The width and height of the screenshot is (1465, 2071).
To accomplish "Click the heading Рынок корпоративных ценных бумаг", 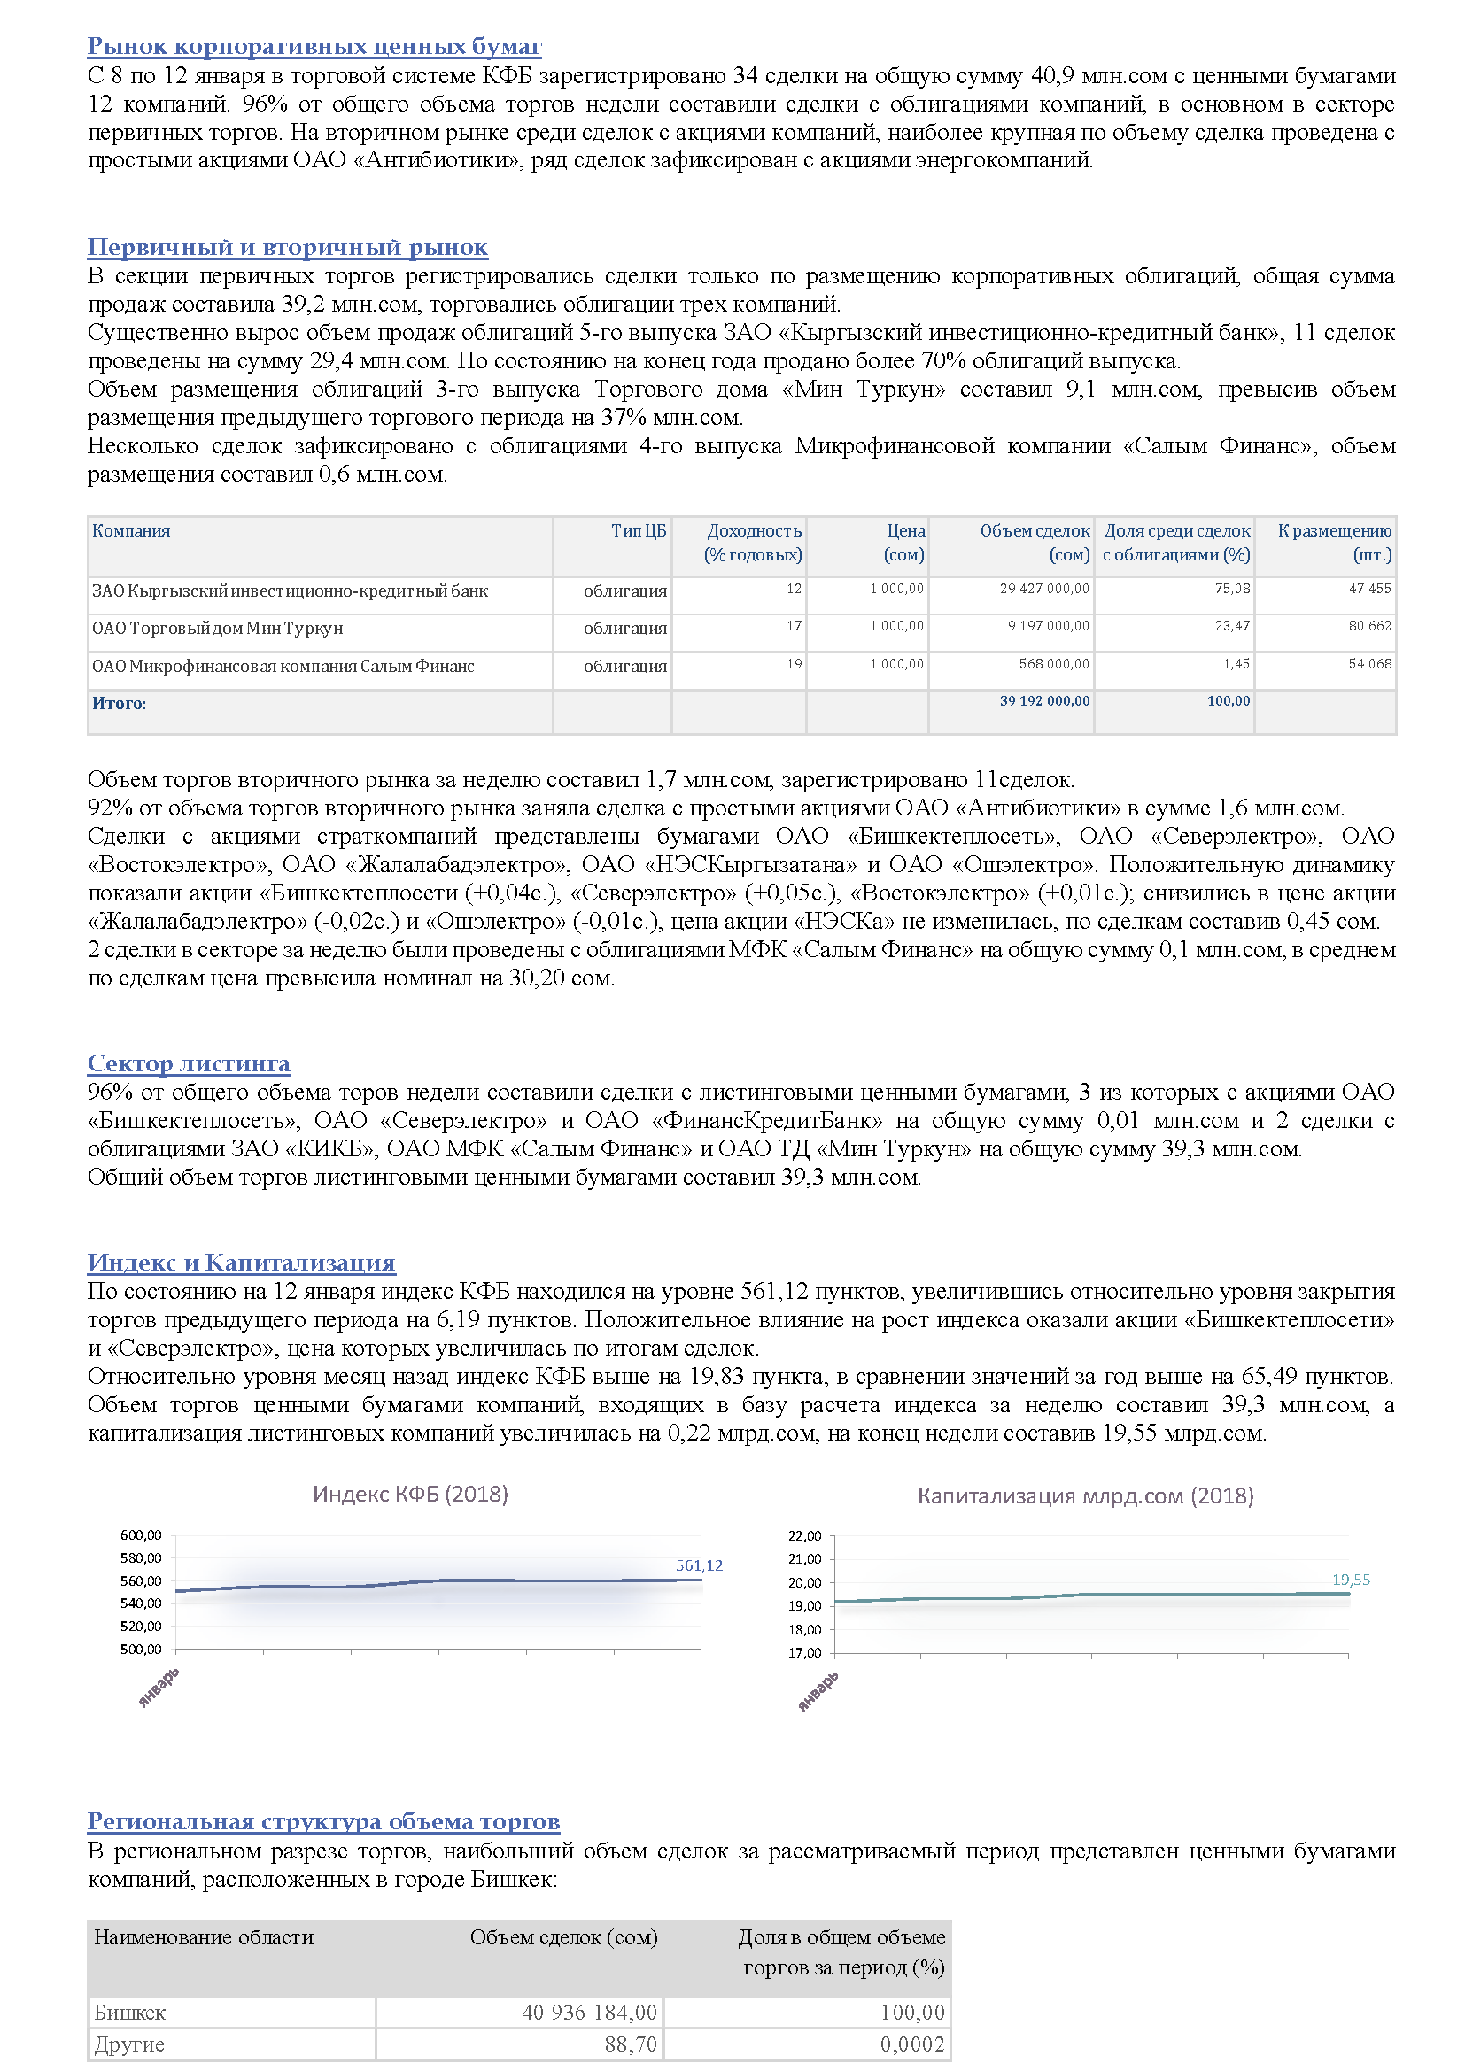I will [x=314, y=46].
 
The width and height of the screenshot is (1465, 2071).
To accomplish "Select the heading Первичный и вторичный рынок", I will [x=287, y=247].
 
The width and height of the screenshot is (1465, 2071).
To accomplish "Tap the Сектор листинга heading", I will [x=189, y=1063].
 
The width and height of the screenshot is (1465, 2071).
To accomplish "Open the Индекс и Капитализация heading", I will [x=241, y=1263].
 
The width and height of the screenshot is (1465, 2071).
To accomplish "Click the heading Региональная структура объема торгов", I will [x=323, y=1822].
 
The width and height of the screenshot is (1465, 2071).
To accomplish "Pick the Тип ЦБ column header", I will [x=638, y=531].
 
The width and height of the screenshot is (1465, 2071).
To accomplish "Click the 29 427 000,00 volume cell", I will [x=1043, y=589].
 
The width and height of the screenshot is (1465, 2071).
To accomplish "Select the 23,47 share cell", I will [x=1231, y=626].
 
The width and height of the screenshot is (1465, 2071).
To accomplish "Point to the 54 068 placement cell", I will [x=1369, y=664].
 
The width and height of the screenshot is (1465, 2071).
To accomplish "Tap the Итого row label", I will [x=119, y=704].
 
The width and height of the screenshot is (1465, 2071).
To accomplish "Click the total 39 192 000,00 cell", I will [x=1043, y=701].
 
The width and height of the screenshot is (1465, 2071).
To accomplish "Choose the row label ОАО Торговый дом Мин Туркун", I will [x=217, y=629].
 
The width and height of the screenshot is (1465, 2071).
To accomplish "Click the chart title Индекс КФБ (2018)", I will [x=410, y=1495].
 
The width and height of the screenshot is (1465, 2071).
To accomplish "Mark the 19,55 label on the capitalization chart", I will [x=1351, y=1580].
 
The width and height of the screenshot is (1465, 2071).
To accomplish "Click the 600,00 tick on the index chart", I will [x=141, y=1535].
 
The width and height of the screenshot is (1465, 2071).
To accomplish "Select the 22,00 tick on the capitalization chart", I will [x=804, y=1536].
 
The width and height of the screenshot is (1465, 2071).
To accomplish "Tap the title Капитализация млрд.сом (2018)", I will [x=1085, y=1496].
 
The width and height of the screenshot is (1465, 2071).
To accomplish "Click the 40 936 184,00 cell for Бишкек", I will [x=589, y=2013].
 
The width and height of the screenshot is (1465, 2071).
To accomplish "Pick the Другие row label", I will [x=129, y=2044].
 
